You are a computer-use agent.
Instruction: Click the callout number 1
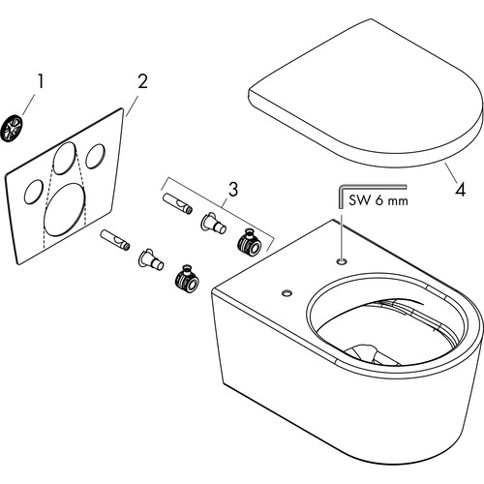40,81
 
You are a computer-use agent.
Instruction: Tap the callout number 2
142,81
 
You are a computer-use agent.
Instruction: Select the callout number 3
233,190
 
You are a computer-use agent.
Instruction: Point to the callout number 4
461,190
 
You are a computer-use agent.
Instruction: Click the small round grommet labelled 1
13,128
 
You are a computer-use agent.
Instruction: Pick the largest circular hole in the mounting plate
64,209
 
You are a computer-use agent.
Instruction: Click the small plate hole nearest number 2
95,156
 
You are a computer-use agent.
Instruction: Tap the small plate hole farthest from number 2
34,192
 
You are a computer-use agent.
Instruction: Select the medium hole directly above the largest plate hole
65,159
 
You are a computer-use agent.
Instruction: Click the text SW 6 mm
378,200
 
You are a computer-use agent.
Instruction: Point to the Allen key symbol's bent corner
340,187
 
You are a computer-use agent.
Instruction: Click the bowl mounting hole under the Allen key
342,260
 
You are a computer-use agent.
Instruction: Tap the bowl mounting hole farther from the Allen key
287,293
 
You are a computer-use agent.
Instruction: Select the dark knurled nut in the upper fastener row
249,242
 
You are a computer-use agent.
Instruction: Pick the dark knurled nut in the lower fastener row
187,278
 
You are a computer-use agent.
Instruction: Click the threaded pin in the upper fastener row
178,203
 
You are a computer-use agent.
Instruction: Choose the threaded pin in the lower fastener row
115,239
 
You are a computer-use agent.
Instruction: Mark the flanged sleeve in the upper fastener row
214,223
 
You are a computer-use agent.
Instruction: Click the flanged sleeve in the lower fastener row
151,259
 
